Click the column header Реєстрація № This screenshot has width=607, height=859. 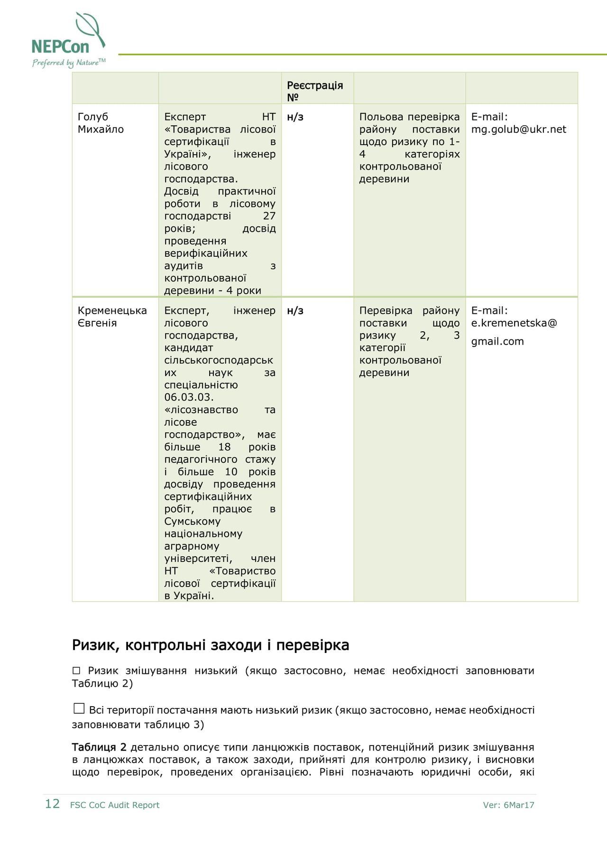tap(314, 91)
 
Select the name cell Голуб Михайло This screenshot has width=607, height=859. tap(101, 123)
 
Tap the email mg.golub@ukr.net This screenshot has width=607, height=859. tap(518, 129)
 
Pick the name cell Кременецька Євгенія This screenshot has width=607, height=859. tap(112, 317)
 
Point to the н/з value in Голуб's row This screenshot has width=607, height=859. tap(295, 117)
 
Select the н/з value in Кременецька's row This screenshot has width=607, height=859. tap(295, 310)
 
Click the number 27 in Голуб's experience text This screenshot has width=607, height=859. tap(269, 216)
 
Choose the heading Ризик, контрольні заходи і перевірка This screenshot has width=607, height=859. tap(211, 645)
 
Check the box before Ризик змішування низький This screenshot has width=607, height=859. tap(76, 671)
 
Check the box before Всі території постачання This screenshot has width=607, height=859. tap(79, 709)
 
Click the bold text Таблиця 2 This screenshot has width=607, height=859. tap(99, 747)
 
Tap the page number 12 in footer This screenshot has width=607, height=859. tap(52, 804)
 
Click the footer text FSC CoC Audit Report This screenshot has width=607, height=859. tap(115, 805)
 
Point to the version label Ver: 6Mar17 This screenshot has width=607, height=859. tap(508, 805)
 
